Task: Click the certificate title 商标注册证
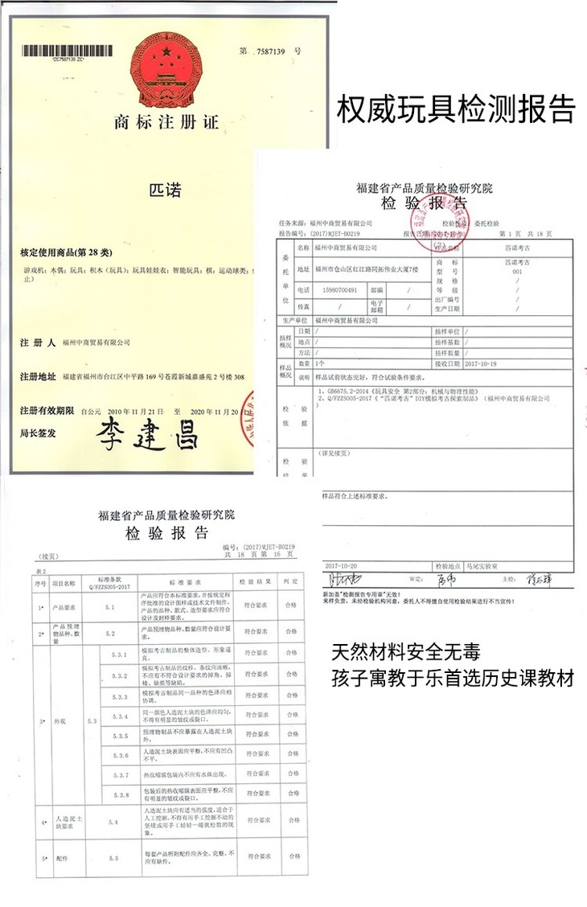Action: click(x=166, y=123)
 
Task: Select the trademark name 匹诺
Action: click(x=166, y=191)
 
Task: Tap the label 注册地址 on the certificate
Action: click(x=38, y=377)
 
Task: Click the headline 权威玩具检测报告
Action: click(x=456, y=109)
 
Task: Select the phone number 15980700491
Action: click(x=338, y=289)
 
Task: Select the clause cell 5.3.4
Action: click(x=121, y=716)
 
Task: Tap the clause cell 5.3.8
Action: click(x=121, y=794)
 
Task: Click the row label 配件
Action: click(x=63, y=859)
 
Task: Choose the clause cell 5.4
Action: click(x=112, y=823)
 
